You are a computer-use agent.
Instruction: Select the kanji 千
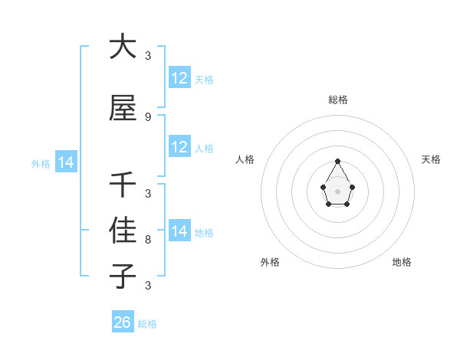[123, 184]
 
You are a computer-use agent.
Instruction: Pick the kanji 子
[123, 275]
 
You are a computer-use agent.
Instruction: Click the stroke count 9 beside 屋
[148, 116]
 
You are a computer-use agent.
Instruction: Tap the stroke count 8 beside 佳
[148, 240]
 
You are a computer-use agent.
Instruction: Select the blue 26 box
[123, 322]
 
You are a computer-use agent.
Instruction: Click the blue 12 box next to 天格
[179, 78]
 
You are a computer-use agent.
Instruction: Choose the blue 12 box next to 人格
[179, 147]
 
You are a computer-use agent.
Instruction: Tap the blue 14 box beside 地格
[179, 231]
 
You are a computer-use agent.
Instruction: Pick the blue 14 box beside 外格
[66, 162]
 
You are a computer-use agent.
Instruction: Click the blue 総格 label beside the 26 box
[147, 324]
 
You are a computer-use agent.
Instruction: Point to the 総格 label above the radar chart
[338, 100]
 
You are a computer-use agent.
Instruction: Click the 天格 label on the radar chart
[431, 159]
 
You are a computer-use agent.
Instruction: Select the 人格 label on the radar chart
[245, 159]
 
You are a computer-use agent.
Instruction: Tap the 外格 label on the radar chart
[270, 262]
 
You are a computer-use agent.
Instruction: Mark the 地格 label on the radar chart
[402, 262]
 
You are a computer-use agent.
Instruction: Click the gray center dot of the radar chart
[337, 190]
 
